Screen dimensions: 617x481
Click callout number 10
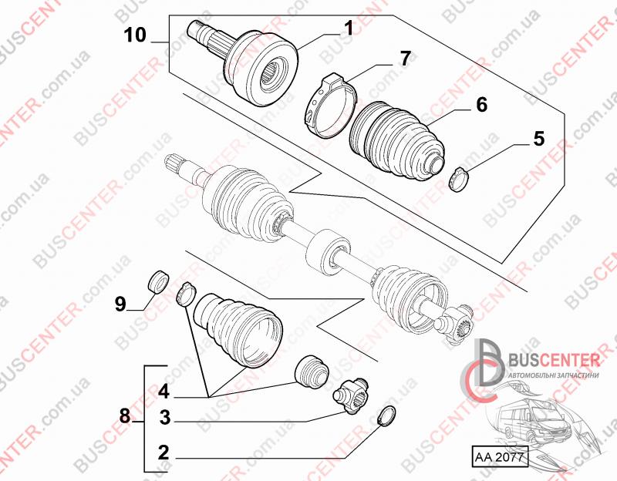(135, 35)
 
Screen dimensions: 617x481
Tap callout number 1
(349, 28)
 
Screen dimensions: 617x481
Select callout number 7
(406, 59)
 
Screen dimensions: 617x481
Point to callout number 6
(481, 105)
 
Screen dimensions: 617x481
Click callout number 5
(538, 139)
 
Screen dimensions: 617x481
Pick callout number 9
(120, 304)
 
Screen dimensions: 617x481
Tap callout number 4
(164, 392)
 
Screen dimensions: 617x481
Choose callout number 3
(165, 417)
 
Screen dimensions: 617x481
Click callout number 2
(164, 452)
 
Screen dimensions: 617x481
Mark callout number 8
(125, 415)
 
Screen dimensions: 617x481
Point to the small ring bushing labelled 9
(159, 281)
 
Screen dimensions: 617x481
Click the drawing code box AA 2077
(499, 456)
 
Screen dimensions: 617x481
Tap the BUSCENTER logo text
(555, 360)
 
